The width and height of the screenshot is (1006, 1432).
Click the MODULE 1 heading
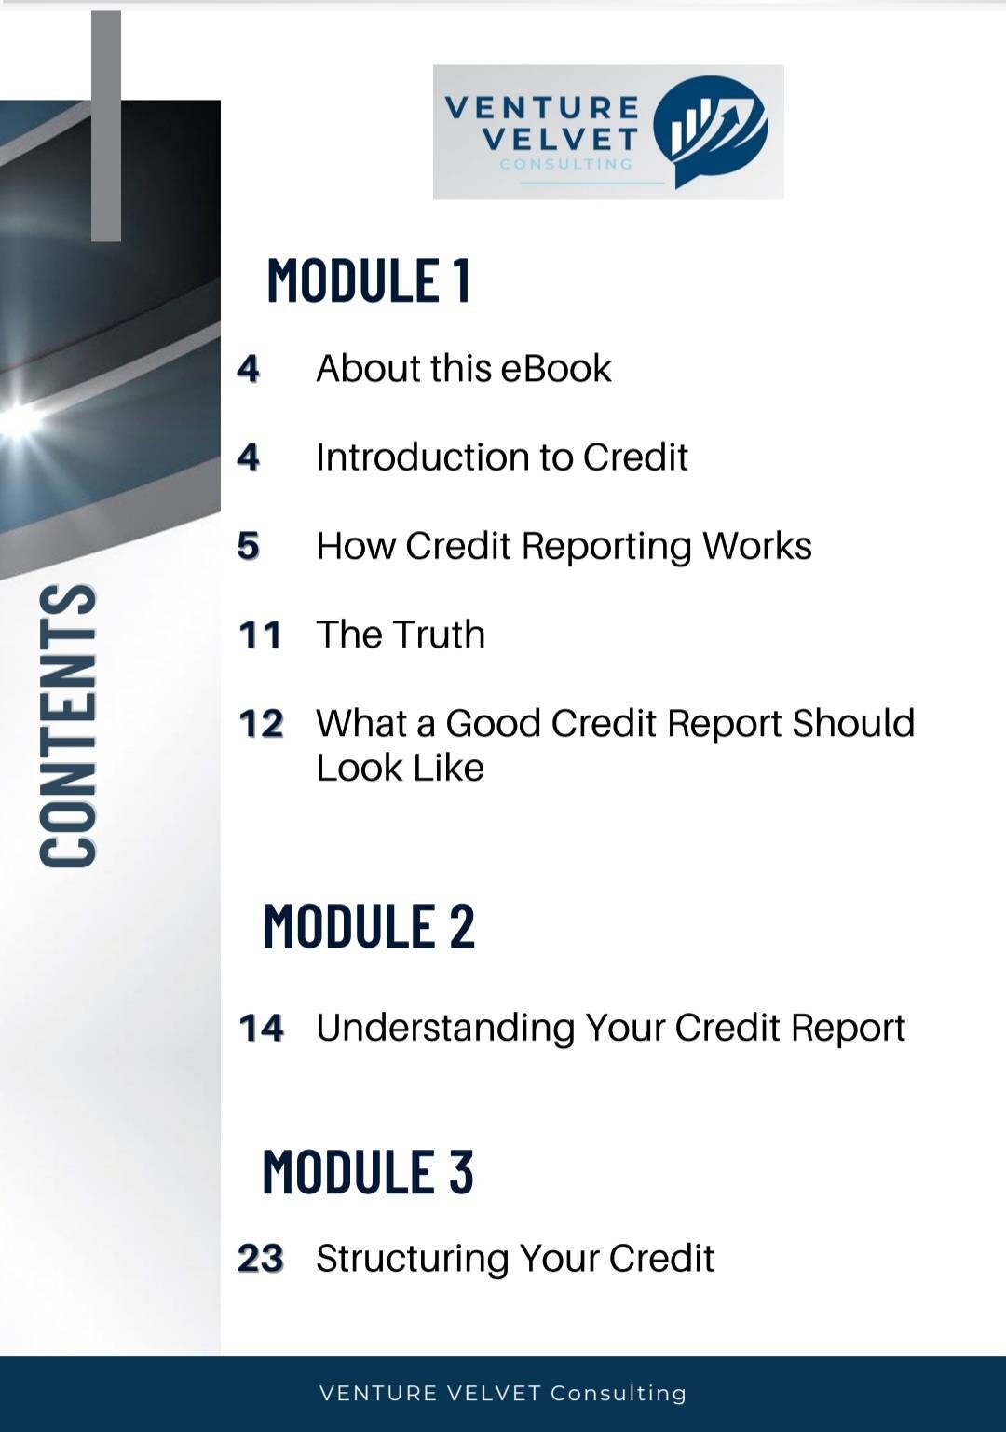369,280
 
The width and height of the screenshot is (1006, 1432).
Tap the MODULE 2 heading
369,926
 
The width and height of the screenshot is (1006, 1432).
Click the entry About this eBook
463,369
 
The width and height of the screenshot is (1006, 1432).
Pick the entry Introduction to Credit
501,457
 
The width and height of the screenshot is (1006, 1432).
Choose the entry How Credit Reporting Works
564,546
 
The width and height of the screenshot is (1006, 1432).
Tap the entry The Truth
401,634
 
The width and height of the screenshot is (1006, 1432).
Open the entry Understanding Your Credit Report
610,1028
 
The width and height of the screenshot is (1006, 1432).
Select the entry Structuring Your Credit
514,1258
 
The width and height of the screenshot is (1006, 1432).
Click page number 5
248,546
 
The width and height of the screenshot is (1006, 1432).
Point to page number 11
260,635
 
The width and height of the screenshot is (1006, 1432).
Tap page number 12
261,724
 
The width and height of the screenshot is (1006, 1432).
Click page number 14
261,1029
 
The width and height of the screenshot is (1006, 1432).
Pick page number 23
260,1259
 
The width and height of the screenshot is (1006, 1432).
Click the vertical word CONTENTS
68,725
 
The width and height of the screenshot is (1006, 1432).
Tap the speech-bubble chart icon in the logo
710,130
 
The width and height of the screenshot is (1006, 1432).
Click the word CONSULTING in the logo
565,164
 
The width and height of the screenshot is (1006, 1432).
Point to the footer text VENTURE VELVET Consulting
503,1393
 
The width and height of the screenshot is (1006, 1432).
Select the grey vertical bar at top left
106,126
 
